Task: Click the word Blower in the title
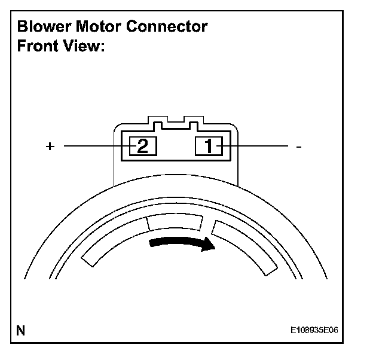tap(45, 27)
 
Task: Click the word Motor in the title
tap(105, 27)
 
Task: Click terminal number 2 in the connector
tap(143, 145)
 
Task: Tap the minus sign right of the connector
tap(298, 147)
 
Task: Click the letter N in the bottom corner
tap(21, 330)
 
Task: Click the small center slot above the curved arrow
tap(176, 223)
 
